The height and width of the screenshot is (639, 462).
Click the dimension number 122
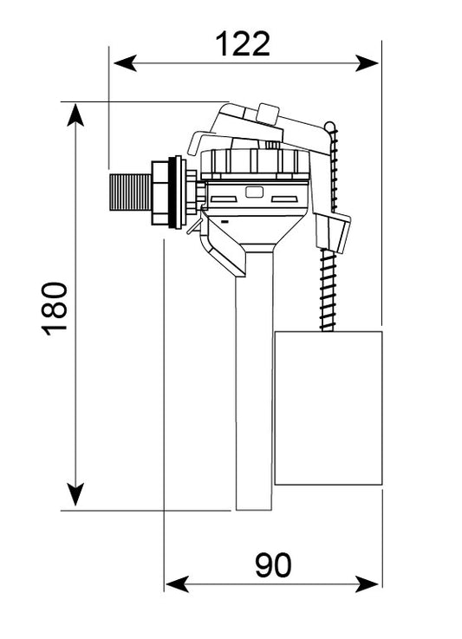click(243, 44)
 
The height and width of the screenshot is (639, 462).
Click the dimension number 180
click(55, 309)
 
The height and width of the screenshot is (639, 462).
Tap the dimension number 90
click(273, 564)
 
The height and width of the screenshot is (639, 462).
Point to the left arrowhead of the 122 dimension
click(125, 63)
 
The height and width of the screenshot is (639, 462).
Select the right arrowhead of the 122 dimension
click(367, 63)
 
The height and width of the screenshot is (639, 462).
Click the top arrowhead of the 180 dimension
click(75, 115)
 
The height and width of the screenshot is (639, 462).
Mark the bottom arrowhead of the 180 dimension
click(75, 494)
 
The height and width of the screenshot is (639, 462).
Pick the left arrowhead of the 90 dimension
click(178, 584)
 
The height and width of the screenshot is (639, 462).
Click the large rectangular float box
click(329, 408)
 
